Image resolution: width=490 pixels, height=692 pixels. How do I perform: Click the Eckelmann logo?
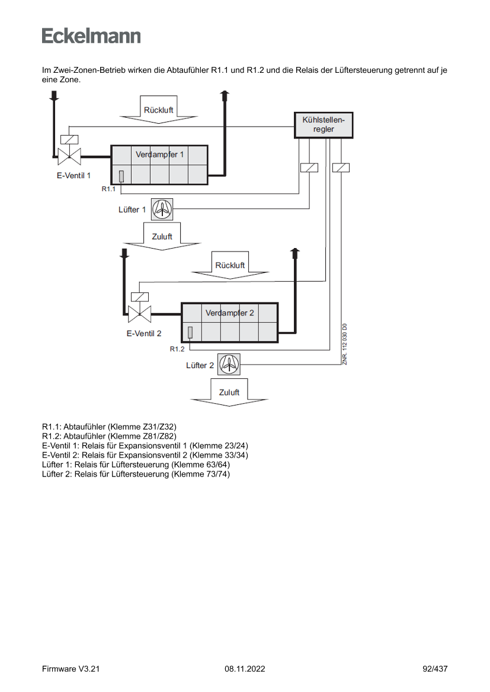91,36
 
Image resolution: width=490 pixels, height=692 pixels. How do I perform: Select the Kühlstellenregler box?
324,125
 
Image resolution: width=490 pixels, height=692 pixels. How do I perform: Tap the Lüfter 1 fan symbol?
162,208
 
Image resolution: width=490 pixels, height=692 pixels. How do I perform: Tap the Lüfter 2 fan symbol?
229,364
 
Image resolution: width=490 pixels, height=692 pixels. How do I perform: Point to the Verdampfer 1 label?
159,154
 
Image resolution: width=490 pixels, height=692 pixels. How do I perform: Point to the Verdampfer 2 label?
229,313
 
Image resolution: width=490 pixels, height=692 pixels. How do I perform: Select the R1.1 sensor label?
108,189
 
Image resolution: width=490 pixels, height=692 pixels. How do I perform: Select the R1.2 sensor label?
177,349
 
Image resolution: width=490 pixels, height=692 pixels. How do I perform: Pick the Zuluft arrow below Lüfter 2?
229,393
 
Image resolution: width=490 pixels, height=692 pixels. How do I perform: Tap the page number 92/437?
435,669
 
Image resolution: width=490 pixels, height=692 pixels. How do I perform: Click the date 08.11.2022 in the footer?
245,669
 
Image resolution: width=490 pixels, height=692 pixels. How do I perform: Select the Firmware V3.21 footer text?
71,669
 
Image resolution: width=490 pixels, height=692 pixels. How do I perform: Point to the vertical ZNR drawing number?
344,344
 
